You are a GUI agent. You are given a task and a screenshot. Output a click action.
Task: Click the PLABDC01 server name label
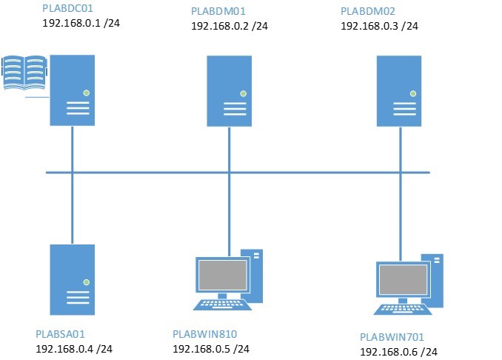pyautogui.click(x=69, y=10)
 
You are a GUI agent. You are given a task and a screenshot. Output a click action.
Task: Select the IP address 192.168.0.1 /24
pyautogui.click(x=81, y=24)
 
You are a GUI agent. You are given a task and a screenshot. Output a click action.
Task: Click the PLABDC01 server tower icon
pyautogui.click(x=73, y=90)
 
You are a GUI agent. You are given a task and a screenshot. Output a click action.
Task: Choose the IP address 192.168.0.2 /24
pyautogui.click(x=230, y=27)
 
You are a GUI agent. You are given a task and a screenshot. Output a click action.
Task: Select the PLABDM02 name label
pyautogui.click(x=367, y=12)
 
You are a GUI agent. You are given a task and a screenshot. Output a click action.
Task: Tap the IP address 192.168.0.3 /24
pyautogui.click(x=379, y=26)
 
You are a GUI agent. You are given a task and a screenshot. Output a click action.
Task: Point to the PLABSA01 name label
pyautogui.click(x=65, y=334)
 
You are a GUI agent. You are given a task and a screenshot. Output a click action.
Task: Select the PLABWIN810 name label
pyautogui.click(x=204, y=334)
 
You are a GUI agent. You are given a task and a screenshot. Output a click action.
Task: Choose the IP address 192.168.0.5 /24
pyautogui.click(x=211, y=349)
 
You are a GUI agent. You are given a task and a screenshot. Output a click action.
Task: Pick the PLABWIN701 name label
pyautogui.click(x=392, y=337)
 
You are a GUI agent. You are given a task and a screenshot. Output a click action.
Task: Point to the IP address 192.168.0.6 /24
pyautogui.click(x=398, y=352)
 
